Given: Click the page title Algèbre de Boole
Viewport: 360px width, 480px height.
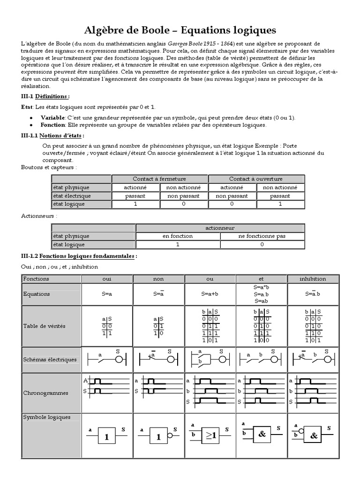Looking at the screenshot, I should [180, 30].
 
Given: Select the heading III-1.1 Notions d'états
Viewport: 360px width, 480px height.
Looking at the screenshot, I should [53, 135].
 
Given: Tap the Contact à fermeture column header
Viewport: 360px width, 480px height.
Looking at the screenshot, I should [159, 179].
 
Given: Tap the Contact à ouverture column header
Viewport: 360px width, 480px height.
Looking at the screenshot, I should [256, 179].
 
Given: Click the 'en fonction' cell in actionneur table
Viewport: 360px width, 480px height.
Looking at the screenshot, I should [178, 236].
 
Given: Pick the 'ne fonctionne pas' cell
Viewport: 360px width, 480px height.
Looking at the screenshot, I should [262, 236].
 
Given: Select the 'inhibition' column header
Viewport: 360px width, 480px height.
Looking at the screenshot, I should [313, 278].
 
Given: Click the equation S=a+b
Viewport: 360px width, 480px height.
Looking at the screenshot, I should [210, 294].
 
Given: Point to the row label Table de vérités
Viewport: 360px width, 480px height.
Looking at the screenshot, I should [45, 326].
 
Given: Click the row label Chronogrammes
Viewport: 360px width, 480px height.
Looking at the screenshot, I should [45, 393].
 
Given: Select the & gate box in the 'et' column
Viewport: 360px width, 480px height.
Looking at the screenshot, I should [262, 434].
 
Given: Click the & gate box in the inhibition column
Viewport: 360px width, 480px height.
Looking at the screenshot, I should [313, 436].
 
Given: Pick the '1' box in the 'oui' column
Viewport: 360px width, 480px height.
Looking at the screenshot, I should [107, 436].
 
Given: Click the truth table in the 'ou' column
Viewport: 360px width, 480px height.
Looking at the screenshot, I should [210, 326].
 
